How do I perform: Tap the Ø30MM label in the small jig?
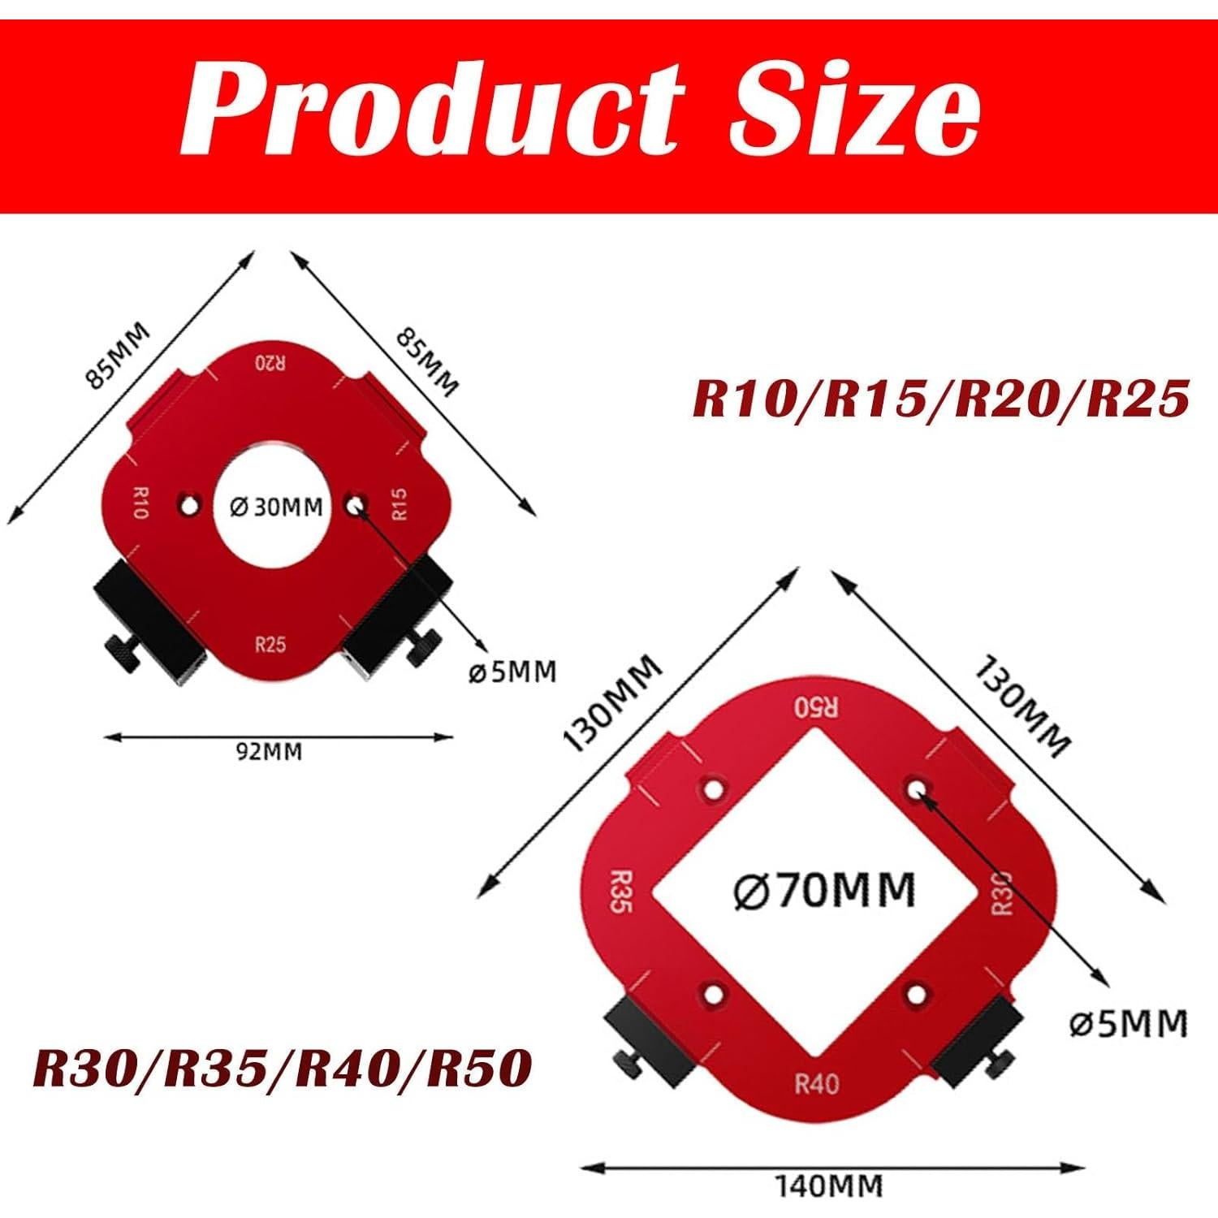coord(277,508)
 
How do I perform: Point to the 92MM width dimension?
coord(269,751)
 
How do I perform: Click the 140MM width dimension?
coord(828,1186)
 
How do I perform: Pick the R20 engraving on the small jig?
coord(270,362)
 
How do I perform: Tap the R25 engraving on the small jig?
coord(270,645)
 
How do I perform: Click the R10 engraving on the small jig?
coord(139,503)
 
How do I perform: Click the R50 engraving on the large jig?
coord(816,706)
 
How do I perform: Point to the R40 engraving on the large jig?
coord(816,1084)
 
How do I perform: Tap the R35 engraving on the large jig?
coord(620,892)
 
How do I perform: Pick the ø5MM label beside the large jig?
coord(1129,1024)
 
